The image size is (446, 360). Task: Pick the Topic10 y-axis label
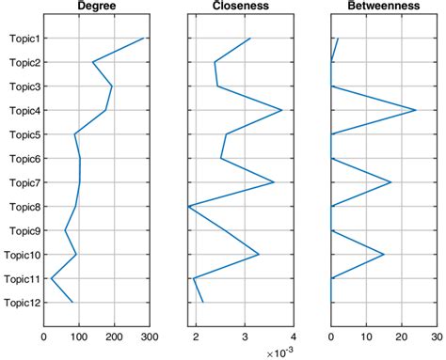pos(22,255)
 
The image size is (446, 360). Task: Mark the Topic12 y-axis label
pos(22,303)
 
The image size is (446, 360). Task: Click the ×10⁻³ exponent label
pos(280,352)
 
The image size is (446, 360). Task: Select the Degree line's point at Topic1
pos(143,39)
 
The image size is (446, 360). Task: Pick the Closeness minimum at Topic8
pos(188,206)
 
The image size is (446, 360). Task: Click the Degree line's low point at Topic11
pos(51,278)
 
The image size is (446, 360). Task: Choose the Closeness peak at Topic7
pos(274,182)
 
